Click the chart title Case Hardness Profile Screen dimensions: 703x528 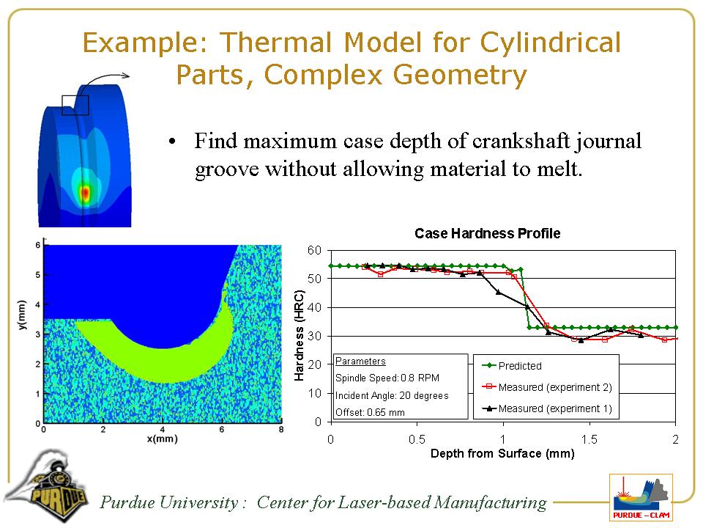488,233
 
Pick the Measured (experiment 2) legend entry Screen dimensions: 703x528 547,387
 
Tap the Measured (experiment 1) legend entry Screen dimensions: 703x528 547,408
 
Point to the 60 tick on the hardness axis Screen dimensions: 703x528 315,250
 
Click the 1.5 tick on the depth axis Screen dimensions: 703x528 589,439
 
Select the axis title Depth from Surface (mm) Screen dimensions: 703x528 502,453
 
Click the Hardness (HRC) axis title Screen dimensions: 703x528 300,335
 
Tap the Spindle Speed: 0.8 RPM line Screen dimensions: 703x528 387,378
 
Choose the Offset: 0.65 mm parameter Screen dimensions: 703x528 370,412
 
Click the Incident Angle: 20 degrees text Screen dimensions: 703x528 392,395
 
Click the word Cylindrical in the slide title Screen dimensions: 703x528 551,43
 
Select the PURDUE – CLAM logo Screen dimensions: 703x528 641,498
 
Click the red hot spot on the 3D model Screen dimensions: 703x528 85,193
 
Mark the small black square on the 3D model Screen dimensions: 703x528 75,105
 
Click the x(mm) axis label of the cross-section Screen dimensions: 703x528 163,439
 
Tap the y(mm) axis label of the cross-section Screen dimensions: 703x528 22,315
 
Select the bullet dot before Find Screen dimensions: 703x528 171,142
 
